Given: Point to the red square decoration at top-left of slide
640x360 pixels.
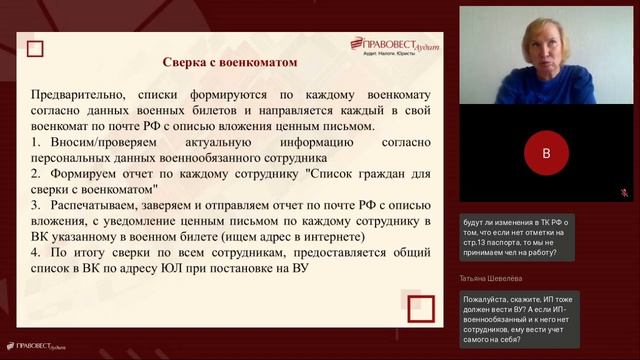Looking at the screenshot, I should click(x=37, y=47).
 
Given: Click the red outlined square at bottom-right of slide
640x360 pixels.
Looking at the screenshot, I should click(x=420, y=308).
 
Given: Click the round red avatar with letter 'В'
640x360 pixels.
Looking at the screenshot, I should click(x=546, y=154).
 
